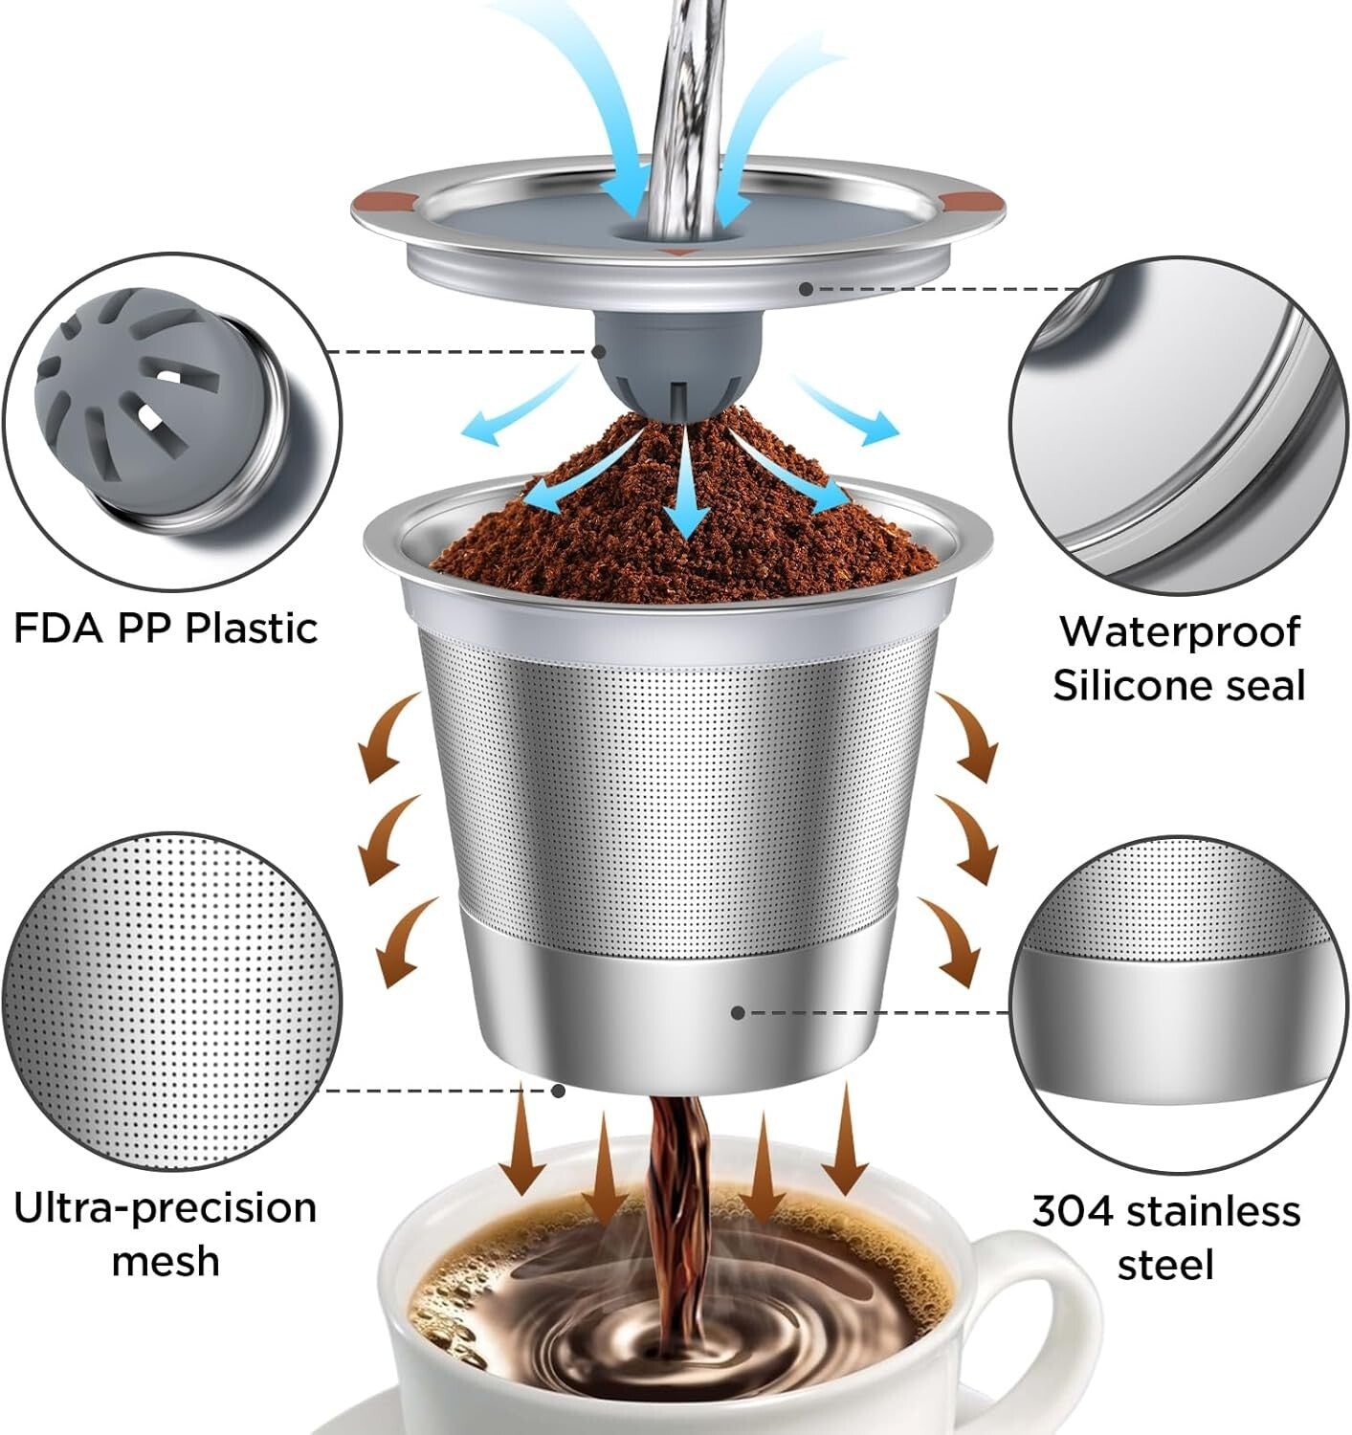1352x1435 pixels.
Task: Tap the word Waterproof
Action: point(1179,632)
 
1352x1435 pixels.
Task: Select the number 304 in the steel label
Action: point(1073,1211)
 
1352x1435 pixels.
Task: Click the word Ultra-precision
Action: point(165,1208)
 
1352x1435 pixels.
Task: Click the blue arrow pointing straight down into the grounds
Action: point(687,497)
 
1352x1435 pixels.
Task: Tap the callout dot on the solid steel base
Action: point(737,1012)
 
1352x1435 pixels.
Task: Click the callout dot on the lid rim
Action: point(807,288)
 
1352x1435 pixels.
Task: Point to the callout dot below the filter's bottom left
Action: point(559,1090)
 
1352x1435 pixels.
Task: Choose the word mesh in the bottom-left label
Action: point(165,1261)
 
